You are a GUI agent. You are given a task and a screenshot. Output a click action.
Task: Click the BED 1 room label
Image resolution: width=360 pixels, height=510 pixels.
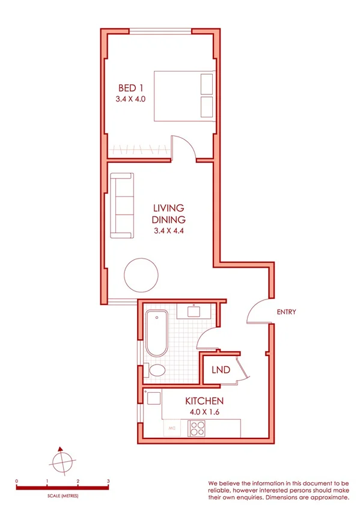pos(130,88)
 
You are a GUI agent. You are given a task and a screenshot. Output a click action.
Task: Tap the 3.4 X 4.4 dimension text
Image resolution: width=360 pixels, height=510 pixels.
pos(168,230)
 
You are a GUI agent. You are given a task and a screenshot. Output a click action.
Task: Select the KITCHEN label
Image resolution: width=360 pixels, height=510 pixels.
pos(204,401)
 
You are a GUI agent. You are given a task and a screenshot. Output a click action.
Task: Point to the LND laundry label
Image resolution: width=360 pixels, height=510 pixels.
pos(220,370)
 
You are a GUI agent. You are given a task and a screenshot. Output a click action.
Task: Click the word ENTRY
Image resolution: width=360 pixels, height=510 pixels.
pos(286,312)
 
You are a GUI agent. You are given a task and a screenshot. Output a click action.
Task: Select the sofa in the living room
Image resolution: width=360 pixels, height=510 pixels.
pos(121,204)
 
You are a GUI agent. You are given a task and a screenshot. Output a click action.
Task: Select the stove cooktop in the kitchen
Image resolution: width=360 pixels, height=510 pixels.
pos(198,428)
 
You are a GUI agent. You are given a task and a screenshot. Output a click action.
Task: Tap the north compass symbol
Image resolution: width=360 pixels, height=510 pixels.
pos(61,462)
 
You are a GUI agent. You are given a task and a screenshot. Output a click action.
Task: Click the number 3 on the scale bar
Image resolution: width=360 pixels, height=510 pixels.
pos(108,481)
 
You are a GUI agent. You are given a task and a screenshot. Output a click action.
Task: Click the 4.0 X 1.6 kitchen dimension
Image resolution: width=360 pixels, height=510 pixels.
pos(204,413)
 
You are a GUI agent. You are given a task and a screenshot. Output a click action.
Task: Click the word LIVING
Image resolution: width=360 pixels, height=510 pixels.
pos(168,209)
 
